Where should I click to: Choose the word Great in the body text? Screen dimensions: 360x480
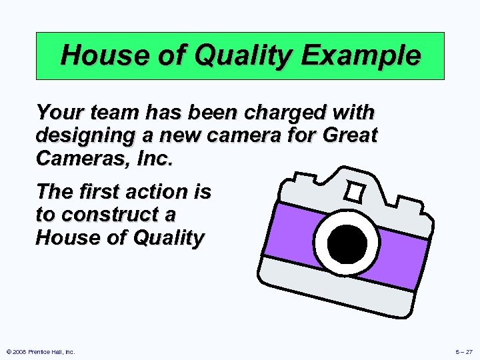point(350,135)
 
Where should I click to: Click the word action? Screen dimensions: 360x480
point(162,192)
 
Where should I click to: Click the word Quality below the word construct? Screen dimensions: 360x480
point(166,238)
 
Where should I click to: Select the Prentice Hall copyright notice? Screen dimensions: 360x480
point(41,351)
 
